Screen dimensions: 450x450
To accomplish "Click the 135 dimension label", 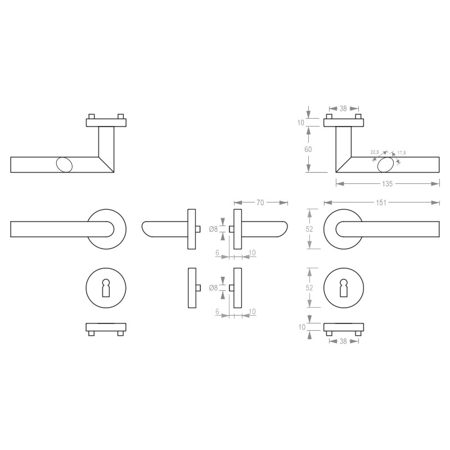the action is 387,184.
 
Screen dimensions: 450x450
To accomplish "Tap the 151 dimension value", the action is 381,202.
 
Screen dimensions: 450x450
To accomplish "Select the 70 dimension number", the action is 260,202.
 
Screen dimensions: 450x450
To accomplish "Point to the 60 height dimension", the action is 308,149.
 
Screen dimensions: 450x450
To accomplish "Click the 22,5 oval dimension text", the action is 375,152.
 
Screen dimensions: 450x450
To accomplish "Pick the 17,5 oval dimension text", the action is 402,152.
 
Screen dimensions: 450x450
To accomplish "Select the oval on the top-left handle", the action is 64,165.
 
